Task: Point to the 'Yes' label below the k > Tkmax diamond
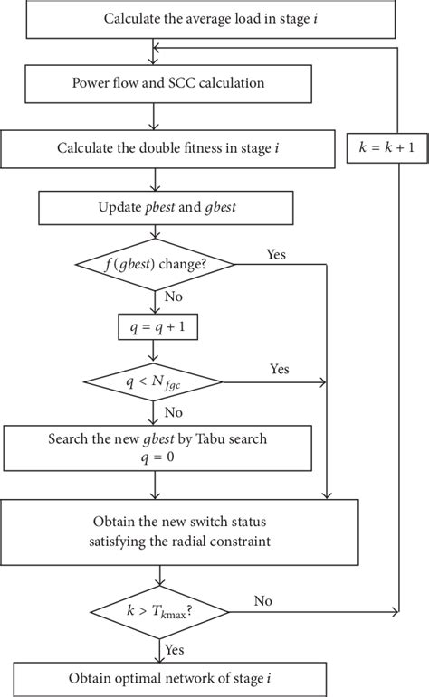174,648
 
